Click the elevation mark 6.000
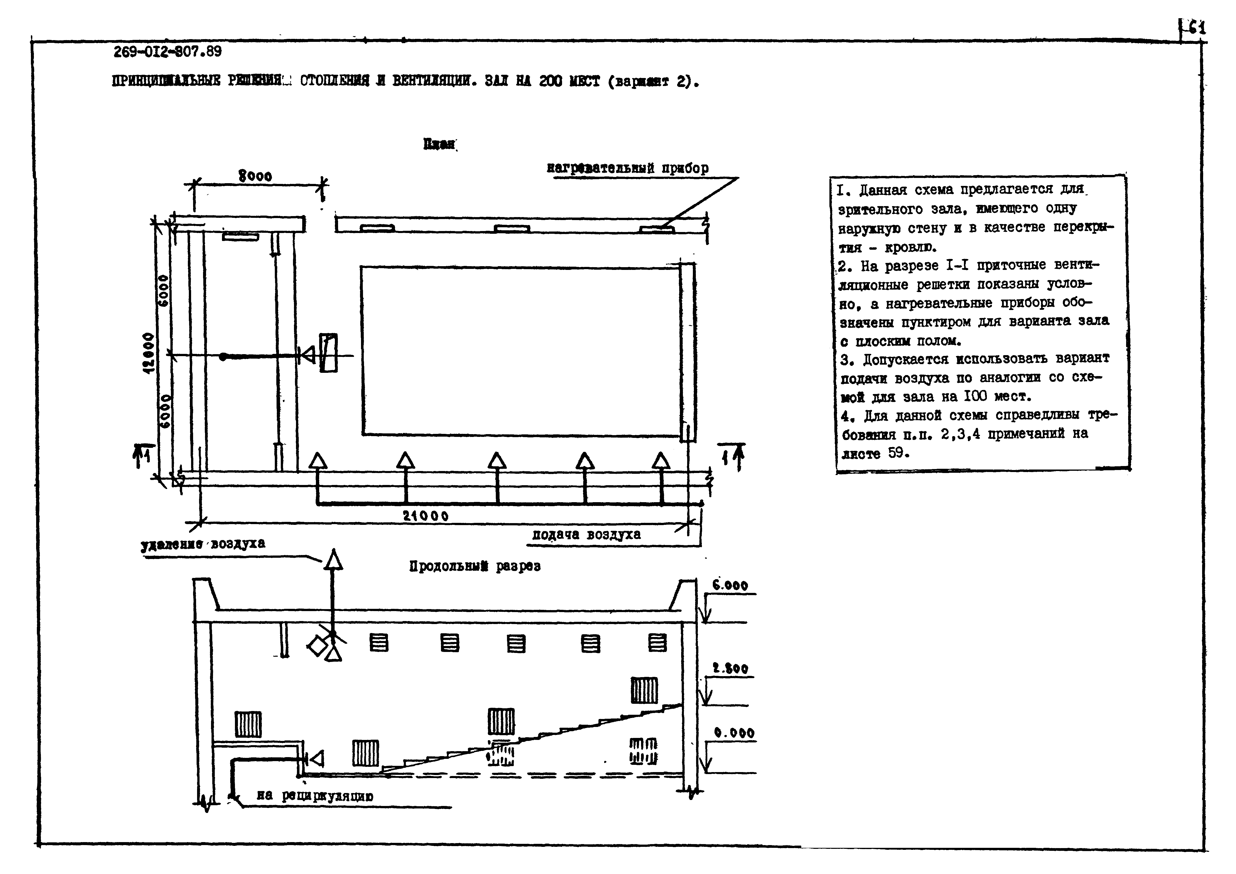pos(730,585)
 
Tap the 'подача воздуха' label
pos(586,535)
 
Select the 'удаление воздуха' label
pos(203,544)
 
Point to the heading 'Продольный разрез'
pos(475,566)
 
